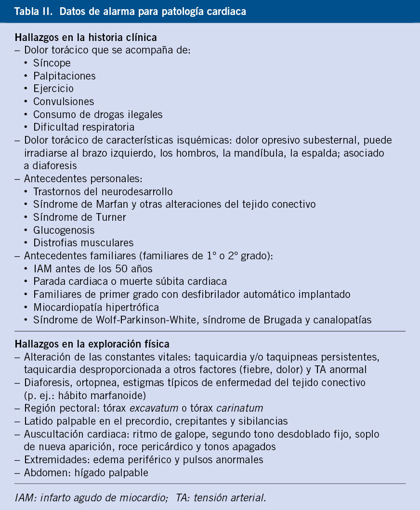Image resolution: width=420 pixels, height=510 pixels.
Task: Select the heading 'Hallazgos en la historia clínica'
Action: [86, 37]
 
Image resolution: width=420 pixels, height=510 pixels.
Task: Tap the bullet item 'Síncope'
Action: [52, 63]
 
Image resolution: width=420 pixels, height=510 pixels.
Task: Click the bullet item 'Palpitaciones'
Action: [65, 76]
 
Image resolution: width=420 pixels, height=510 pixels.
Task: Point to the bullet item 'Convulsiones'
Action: [64, 101]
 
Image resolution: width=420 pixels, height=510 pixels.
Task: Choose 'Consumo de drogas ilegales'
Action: [98, 114]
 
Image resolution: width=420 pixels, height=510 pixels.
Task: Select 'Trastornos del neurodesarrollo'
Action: [103, 191]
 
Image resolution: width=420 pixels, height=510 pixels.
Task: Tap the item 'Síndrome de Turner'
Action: [79, 217]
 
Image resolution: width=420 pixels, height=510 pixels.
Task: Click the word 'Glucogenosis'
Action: [64, 230]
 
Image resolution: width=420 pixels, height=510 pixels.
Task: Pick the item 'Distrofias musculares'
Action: [83, 242]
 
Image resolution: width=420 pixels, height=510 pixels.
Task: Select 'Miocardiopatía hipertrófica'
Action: [96, 307]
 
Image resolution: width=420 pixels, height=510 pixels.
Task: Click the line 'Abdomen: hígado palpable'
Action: [86, 472]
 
